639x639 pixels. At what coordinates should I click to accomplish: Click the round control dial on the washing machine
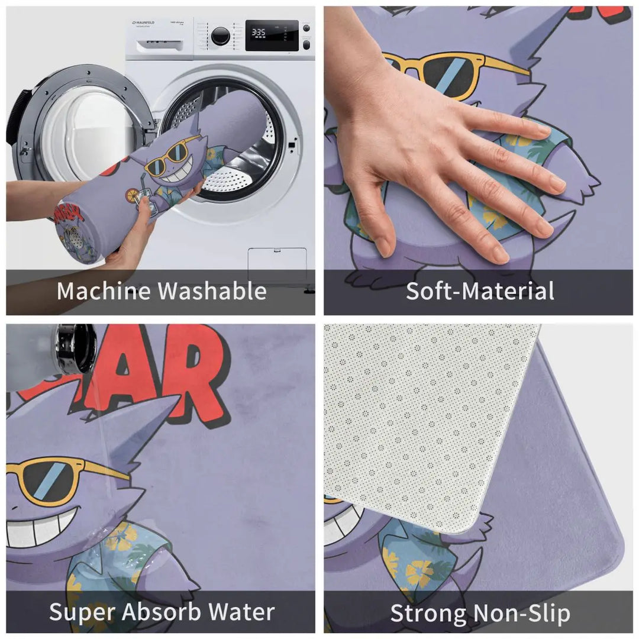point(221,35)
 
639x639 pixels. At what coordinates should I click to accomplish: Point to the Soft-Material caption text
point(480,291)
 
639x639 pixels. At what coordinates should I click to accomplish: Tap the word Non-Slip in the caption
point(521,614)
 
